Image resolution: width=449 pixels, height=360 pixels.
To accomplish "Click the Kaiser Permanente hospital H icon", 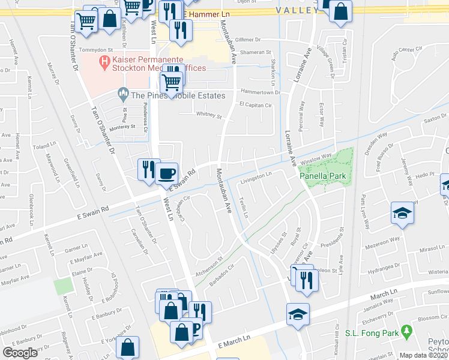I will [104, 61].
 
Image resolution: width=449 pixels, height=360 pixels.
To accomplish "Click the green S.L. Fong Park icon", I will [407, 331].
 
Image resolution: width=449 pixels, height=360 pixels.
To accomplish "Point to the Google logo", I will [20, 352].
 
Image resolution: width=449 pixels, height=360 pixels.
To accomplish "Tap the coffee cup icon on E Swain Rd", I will [167, 173].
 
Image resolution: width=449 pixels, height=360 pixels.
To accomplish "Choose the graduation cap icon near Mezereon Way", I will [402, 213].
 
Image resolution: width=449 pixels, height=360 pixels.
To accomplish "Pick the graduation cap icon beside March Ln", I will [297, 314].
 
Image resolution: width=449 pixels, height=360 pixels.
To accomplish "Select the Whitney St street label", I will [209, 116].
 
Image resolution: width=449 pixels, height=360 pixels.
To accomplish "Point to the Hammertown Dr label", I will [261, 92].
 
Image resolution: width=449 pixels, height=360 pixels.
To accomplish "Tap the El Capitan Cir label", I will [256, 104].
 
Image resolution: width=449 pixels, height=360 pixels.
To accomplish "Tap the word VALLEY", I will [297, 11].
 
